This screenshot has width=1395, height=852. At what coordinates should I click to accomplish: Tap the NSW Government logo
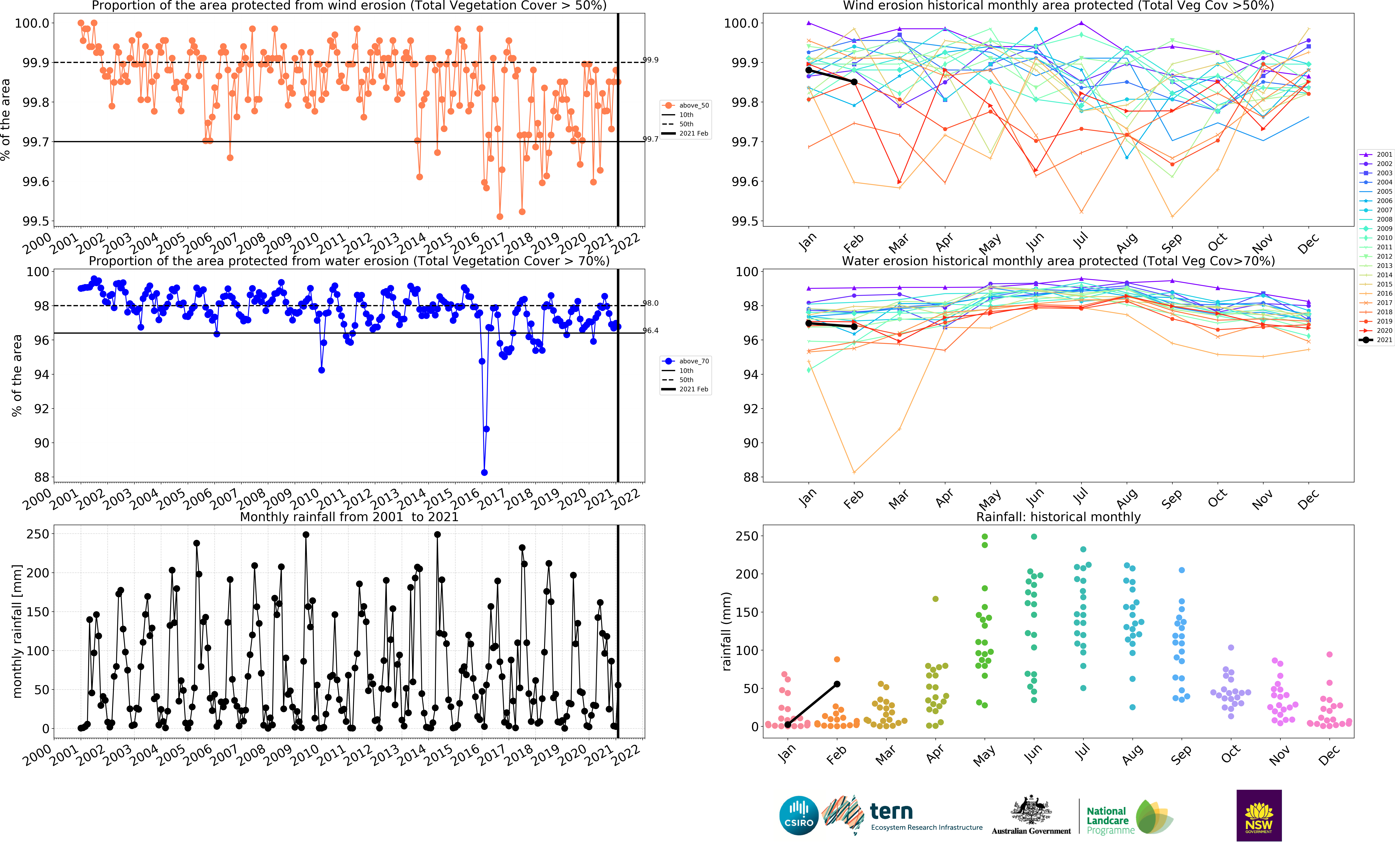tap(1259, 815)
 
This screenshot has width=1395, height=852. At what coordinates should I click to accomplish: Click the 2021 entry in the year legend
tap(1376, 340)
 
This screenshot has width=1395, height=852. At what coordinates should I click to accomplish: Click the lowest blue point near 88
tap(484, 472)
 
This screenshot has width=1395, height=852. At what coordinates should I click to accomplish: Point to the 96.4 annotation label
tap(650, 330)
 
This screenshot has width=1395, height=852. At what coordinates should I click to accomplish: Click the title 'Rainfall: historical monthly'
tap(1058, 517)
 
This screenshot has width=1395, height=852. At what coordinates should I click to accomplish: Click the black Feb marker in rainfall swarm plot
tap(837, 684)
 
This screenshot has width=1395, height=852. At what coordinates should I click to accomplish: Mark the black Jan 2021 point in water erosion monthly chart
tap(808, 323)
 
